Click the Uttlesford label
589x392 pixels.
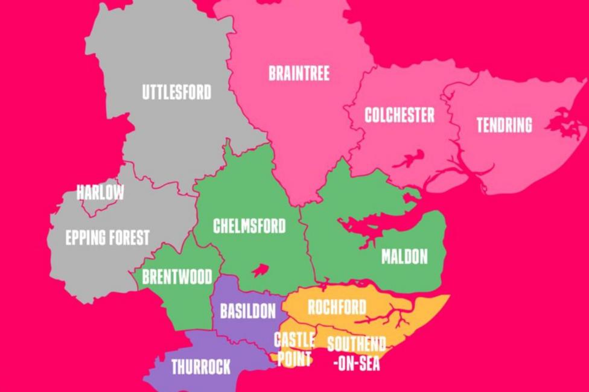coord(177,93)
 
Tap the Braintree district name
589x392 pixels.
coord(299,74)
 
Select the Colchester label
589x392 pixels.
coord(399,115)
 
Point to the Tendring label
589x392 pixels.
coord(504,125)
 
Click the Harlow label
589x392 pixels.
coord(100,193)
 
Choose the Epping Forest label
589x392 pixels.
coord(107,238)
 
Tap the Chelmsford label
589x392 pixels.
coord(249,227)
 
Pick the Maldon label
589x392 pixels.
coord(404,257)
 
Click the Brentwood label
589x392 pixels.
coord(177,277)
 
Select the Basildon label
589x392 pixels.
coord(247,311)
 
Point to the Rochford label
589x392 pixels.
coord(337,308)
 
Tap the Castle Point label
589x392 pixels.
coord(294,349)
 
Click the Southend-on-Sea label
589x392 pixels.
coord(356,353)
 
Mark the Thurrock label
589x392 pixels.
coord(201,367)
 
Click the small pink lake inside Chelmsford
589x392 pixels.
coord(260,270)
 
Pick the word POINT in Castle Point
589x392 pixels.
coord(294,359)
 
